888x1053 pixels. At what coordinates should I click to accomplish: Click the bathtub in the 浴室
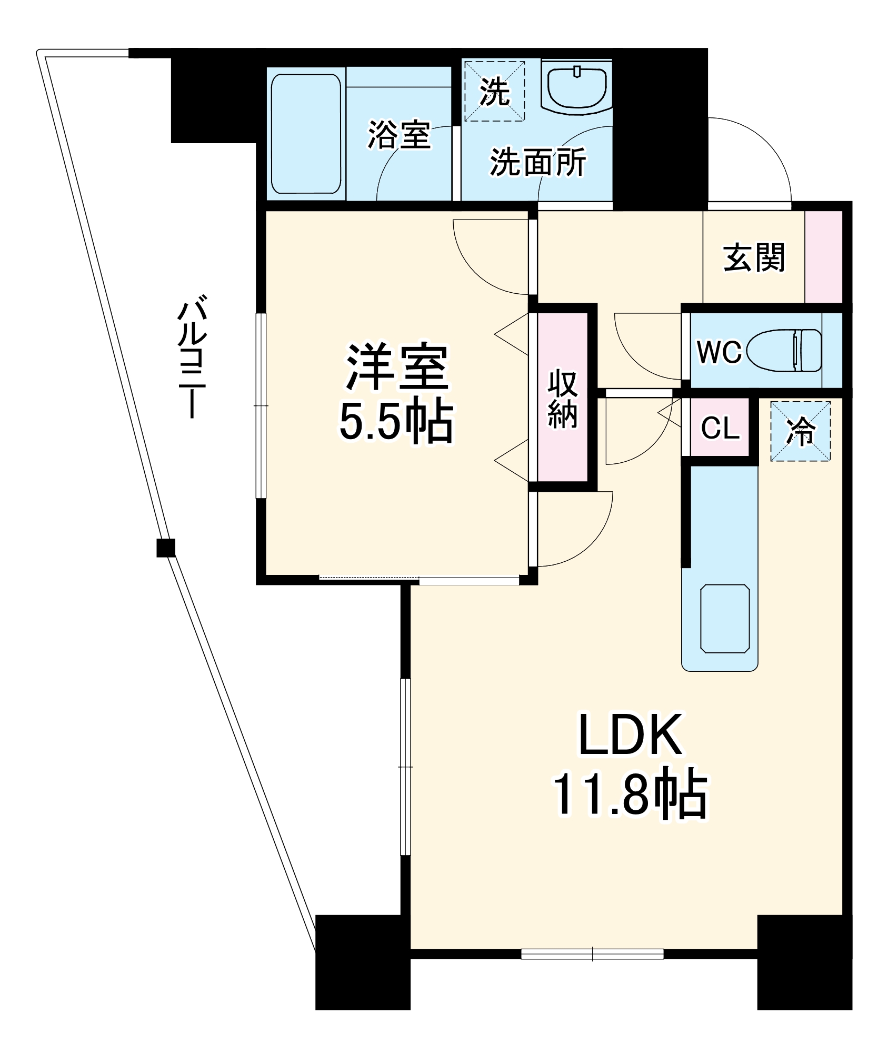306,134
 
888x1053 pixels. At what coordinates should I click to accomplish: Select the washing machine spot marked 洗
494,92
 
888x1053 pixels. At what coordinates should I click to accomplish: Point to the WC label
719,351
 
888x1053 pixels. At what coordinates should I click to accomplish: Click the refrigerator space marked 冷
800,432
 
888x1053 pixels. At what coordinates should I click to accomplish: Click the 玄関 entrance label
754,258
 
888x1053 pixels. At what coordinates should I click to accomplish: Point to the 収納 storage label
563,399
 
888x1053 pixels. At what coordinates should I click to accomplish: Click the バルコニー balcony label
191,358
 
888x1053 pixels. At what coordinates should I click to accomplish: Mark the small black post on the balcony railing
166,548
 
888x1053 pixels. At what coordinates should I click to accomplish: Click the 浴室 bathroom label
399,135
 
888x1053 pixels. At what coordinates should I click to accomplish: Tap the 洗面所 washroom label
537,162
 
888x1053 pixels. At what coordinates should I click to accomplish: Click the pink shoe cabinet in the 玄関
823,256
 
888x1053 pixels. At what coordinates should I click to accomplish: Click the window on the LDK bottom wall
592,953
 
